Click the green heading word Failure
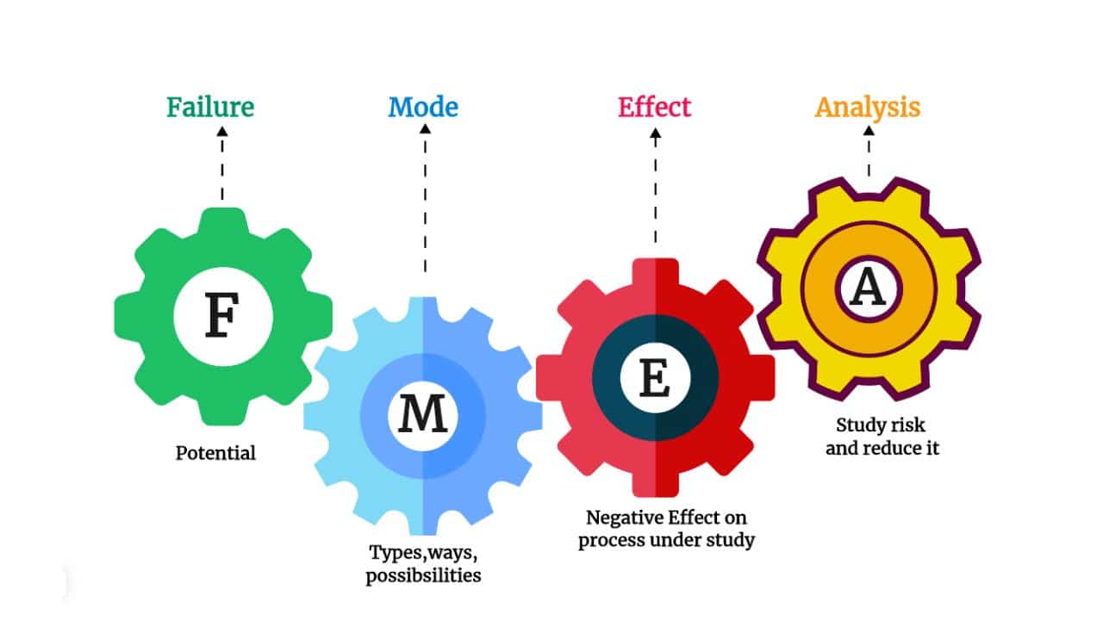[x=210, y=108]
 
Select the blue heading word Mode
[x=423, y=108]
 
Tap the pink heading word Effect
[x=654, y=108]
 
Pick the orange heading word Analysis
[x=868, y=108]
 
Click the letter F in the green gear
[x=222, y=315]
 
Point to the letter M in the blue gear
[x=423, y=413]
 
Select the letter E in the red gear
[x=654, y=378]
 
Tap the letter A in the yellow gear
[x=868, y=287]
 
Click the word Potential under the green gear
[x=215, y=453]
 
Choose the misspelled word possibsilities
[x=423, y=576]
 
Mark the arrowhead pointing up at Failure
[x=222, y=132]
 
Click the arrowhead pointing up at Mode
[x=425, y=129]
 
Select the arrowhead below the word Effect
[x=655, y=133]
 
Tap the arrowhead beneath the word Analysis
[x=869, y=131]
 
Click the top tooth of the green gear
[x=223, y=220]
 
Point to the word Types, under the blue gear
[x=397, y=553]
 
